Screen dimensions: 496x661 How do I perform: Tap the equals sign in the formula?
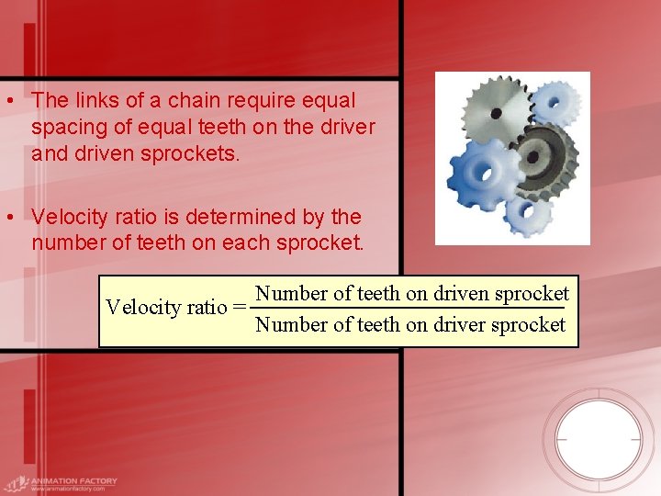(240, 307)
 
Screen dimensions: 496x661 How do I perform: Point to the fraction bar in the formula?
(410, 310)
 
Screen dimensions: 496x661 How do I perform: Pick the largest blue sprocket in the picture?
(483, 174)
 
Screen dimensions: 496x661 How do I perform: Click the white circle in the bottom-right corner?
(599, 438)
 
